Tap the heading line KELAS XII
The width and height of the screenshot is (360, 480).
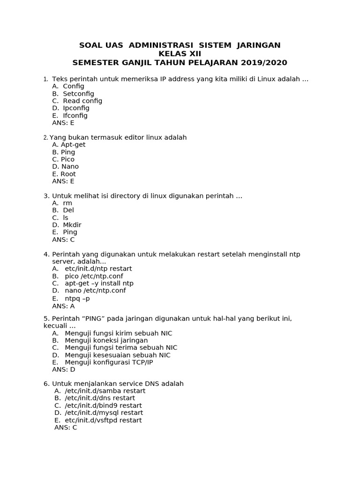[x=180, y=54]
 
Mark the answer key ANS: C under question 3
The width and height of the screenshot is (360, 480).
[x=63, y=240]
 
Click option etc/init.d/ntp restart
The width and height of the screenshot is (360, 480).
[x=98, y=269]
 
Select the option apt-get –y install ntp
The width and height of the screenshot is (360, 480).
[x=99, y=283]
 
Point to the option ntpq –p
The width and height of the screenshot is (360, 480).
[x=77, y=298]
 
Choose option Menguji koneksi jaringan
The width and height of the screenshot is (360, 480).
[x=106, y=340]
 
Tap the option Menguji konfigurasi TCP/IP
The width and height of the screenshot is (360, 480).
[x=109, y=362]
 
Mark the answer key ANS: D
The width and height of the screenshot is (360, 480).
[x=63, y=369]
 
